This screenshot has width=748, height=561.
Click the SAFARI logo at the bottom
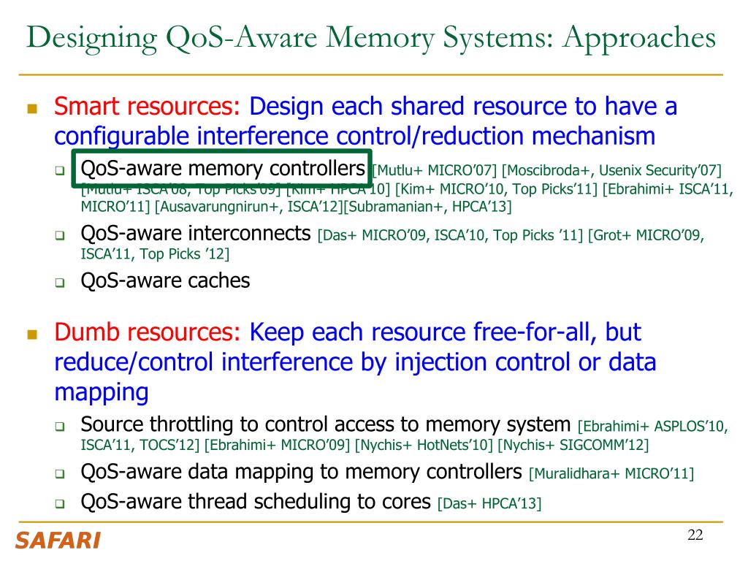pos(58,541)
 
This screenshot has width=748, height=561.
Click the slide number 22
pos(695,535)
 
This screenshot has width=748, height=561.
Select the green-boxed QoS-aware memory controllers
pos(222,169)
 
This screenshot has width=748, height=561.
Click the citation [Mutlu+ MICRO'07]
pos(435,171)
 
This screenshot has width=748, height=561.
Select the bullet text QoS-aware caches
pos(165,280)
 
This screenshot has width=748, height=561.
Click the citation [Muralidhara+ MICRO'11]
pos(611,473)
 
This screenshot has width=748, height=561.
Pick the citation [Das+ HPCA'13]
pos(489,503)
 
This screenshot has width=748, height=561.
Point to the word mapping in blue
pos(102,392)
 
